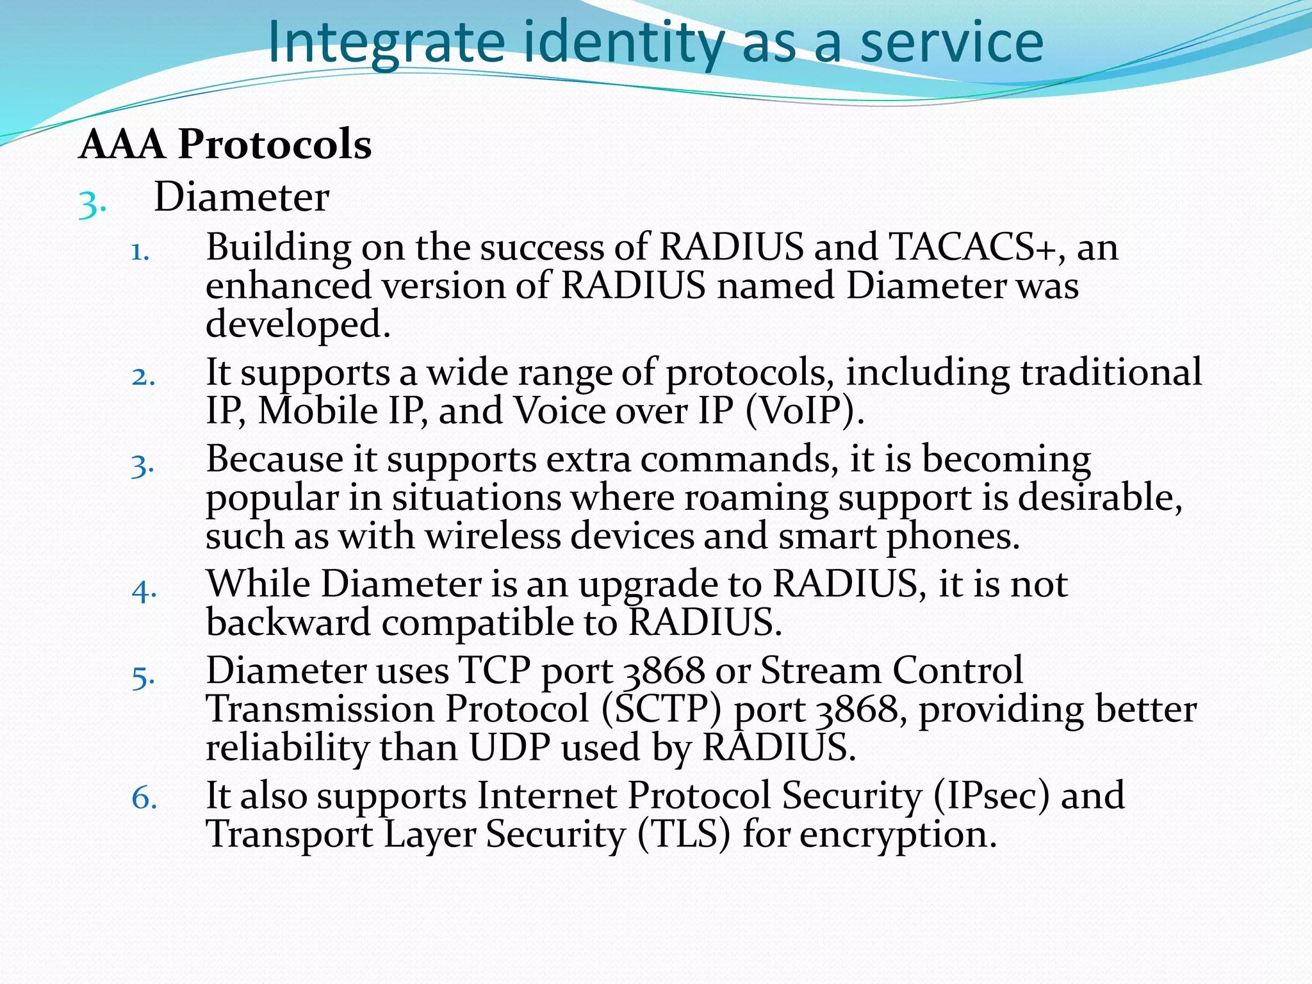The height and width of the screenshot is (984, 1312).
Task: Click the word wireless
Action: coord(493,536)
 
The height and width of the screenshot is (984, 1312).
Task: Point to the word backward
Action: coord(288,623)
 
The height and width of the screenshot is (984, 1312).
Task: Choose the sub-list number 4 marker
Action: coord(144,590)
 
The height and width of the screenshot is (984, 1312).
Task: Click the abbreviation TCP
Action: coord(495,671)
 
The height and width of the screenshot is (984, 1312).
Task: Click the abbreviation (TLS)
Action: coord(684,835)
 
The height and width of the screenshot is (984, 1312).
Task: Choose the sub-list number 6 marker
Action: coord(144,799)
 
